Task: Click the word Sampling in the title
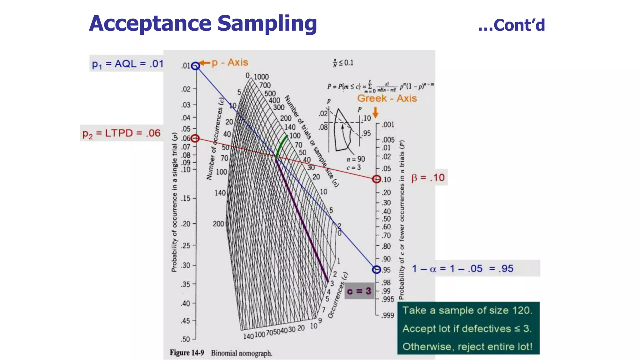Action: (x=267, y=24)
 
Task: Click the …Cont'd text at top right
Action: (x=512, y=25)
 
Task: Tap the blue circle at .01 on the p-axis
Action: (x=195, y=66)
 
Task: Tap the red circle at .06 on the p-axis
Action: (x=195, y=138)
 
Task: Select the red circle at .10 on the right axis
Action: (x=377, y=179)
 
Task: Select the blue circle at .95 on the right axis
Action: (x=377, y=269)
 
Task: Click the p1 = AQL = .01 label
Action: (x=127, y=64)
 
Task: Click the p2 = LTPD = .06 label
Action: (x=121, y=133)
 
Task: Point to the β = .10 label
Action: (x=428, y=177)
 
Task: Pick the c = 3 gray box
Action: (x=359, y=291)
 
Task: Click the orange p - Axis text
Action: (x=230, y=62)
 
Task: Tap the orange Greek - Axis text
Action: (x=387, y=98)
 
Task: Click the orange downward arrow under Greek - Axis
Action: (x=376, y=112)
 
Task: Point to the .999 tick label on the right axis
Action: (x=387, y=315)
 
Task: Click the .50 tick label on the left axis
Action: (x=185, y=339)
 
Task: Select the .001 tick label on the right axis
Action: (x=388, y=125)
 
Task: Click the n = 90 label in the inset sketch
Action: (x=356, y=159)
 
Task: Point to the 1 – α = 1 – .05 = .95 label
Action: (x=462, y=268)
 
